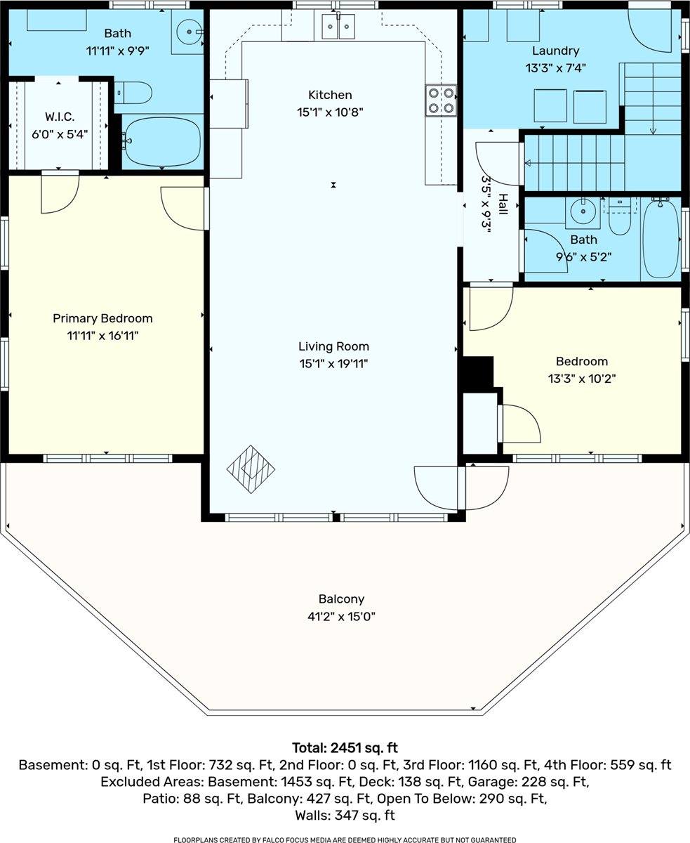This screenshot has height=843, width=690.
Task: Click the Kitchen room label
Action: click(330, 95)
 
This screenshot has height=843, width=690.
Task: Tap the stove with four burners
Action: click(440, 100)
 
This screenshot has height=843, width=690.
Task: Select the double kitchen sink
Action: click(338, 27)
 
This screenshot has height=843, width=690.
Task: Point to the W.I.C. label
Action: click(60, 116)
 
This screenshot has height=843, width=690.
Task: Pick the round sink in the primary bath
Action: click(189, 31)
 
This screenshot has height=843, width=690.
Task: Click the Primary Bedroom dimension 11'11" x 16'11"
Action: click(102, 336)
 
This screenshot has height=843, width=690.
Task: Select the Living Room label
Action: click(333, 346)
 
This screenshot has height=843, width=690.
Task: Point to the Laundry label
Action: click(555, 51)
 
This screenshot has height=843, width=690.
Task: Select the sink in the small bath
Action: click(583, 209)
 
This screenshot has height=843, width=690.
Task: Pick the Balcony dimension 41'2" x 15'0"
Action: click(342, 617)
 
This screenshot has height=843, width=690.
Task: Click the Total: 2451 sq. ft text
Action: click(345, 747)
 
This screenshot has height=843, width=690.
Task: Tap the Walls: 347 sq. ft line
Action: click(345, 815)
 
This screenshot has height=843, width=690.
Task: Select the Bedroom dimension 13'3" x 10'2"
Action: click(582, 379)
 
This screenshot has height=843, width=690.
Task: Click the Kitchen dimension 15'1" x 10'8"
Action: click(330, 112)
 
